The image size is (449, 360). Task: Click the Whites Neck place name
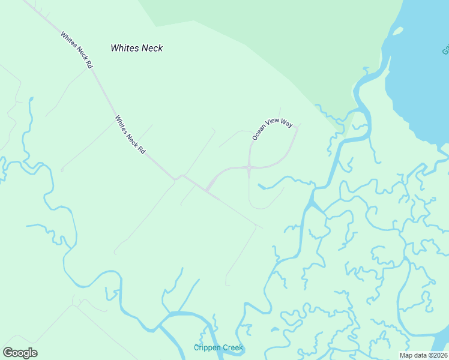pyautogui.click(x=137, y=48)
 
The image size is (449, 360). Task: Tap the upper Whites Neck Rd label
pyautogui.click(x=76, y=50)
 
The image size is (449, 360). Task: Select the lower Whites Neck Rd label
pyautogui.click(x=130, y=135)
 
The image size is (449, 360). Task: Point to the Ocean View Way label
pyautogui.click(x=272, y=130)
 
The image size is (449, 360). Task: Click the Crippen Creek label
pyautogui.click(x=218, y=347)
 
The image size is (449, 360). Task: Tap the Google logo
pyautogui.click(x=20, y=353)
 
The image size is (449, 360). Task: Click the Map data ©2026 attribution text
pyautogui.click(x=423, y=355)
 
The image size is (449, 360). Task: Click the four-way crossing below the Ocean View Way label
pyautogui.click(x=249, y=167)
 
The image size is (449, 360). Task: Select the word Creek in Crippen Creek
pyautogui.click(x=232, y=347)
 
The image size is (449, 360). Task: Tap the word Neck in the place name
pyautogui.click(x=151, y=48)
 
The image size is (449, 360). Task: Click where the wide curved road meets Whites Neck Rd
pyautogui.click(x=207, y=191)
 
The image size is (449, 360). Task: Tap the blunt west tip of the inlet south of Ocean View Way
pyautogui.click(x=261, y=187)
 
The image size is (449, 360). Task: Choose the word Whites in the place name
pyautogui.click(x=124, y=48)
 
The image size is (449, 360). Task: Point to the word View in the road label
pyautogui.click(x=274, y=128)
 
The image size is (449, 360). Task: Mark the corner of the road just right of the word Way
pyautogui.click(x=298, y=127)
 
